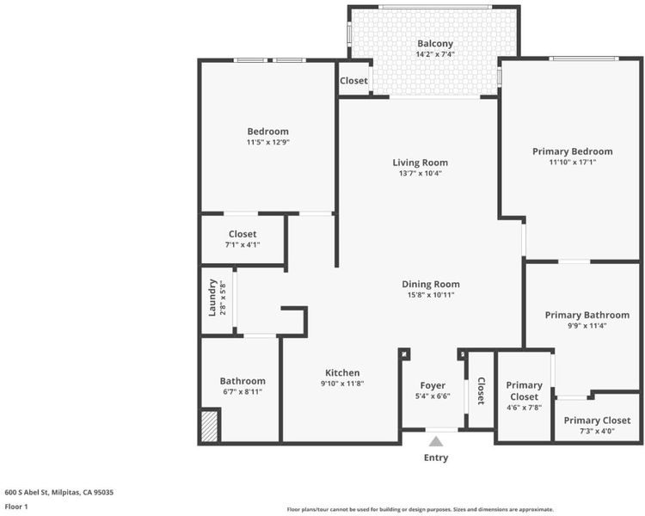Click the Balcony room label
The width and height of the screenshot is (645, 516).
point(435,43)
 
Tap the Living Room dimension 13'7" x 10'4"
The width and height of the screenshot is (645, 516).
point(420,173)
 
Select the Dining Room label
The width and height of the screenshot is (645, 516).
point(431,284)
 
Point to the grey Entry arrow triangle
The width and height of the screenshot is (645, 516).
point(436,441)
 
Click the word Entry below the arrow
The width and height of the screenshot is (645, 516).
point(436,458)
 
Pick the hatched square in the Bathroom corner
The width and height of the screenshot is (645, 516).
point(209,426)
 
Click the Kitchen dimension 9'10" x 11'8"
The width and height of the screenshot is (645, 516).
point(342,384)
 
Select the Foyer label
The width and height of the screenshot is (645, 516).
point(433,385)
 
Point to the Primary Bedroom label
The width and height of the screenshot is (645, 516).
point(573,151)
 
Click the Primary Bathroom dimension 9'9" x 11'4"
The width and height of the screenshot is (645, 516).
point(587,326)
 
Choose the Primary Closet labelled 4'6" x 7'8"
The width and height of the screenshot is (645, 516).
point(524,391)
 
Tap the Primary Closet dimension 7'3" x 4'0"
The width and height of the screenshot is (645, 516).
point(597,431)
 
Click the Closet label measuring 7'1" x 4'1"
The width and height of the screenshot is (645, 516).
point(243,234)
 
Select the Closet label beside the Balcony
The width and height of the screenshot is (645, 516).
point(353,81)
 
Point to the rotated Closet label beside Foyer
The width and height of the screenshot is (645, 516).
point(481,391)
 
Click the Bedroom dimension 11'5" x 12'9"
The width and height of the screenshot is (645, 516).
point(268,143)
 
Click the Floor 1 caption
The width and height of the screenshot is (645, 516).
point(16,507)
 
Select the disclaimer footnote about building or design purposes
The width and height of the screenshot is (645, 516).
point(420,509)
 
